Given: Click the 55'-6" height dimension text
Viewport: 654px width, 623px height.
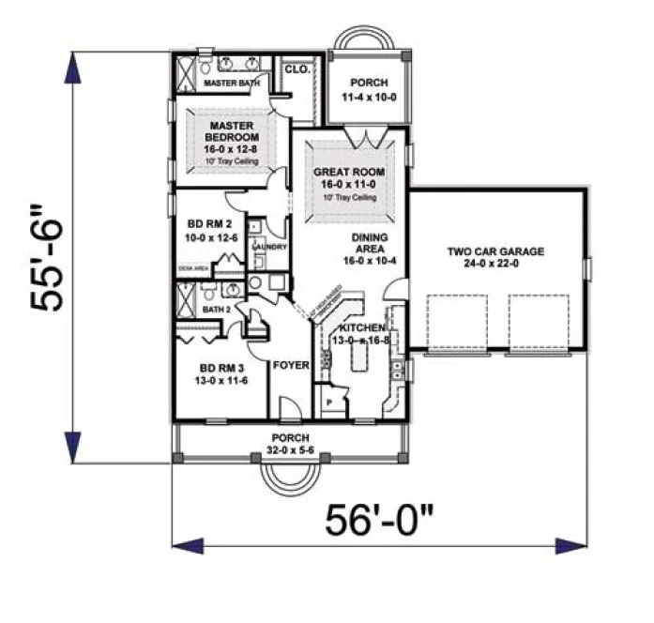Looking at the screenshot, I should pyautogui.click(x=46, y=251).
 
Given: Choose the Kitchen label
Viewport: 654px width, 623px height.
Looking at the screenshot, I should pyautogui.click(x=359, y=327).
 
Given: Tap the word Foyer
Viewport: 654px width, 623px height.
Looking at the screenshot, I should pyautogui.click(x=291, y=364).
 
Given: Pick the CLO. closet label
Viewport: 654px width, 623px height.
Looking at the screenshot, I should pyautogui.click(x=297, y=68).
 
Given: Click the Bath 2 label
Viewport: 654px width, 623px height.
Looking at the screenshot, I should pyautogui.click(x=218, y=308).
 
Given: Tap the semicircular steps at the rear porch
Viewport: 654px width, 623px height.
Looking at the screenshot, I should pyautogui.click(x=365, y=40).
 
